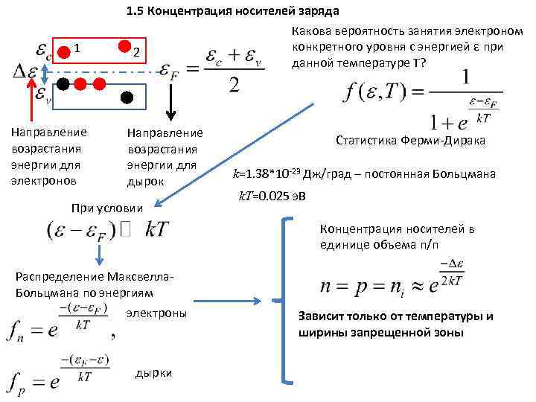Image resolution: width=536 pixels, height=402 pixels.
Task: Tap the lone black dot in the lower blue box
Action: (x=127, y=97)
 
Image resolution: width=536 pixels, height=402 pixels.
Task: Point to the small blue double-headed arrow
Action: (x=45, y=73)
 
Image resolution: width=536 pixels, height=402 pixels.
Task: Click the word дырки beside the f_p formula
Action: (x=154, y=372)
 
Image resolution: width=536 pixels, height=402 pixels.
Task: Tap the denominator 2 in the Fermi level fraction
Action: (x=233, y=87)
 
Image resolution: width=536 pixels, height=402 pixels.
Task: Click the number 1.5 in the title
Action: (x=135, y=11)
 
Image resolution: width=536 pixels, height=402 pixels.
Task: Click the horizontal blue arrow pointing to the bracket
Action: (x=235, y=301)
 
